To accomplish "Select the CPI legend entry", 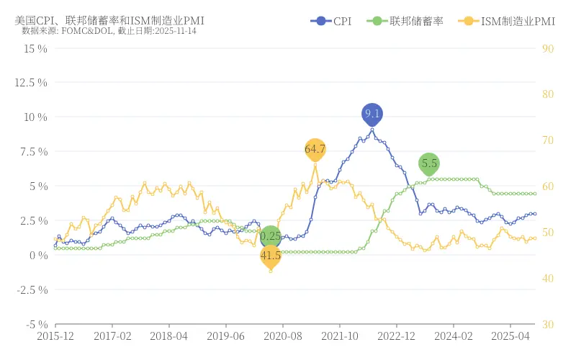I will pos(332,22).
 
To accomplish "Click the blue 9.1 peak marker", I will pos(372,114).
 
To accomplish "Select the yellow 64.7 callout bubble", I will pos(315,149).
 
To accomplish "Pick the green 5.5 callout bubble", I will pos(429,163).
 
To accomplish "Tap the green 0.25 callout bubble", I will pos(271,236).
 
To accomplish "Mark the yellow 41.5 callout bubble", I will pos(271,256).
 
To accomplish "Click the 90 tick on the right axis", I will pos(547,48).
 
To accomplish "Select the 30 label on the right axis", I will pos(547,325).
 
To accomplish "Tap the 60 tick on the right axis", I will pos(547,186).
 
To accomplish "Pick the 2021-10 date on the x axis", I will pos(340,336).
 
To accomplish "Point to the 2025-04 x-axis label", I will pos(511,336).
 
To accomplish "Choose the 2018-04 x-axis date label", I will pos(168,336).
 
